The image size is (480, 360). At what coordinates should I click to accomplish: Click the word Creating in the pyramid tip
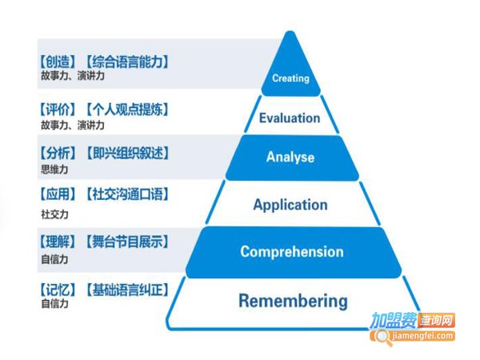[290, 78]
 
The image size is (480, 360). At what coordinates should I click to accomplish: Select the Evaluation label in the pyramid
[290, 118]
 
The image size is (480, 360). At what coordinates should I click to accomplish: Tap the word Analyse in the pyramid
[290, 157]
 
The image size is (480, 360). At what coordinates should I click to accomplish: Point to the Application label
[290, 205]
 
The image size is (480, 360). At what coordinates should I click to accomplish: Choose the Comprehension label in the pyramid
[292, 252]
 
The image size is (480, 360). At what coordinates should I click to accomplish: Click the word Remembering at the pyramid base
[293, 302]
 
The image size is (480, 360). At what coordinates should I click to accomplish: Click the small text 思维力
[54, 169]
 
